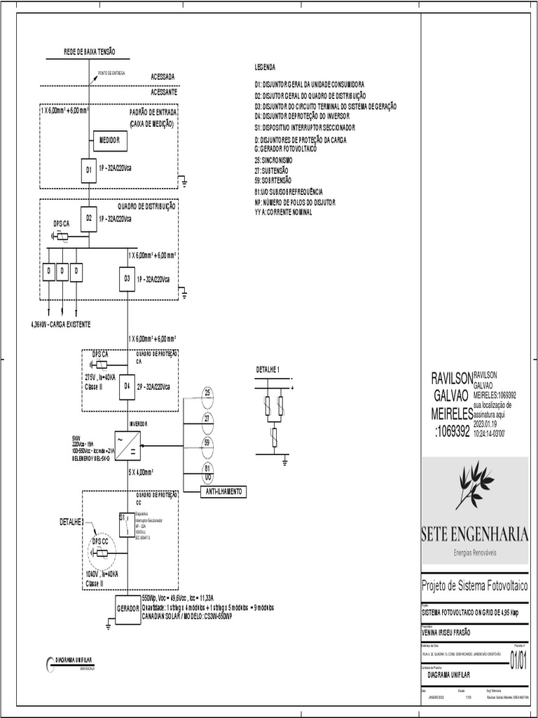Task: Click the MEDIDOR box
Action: point(109,141)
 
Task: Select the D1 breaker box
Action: point(89,170)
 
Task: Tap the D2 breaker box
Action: point(89,218)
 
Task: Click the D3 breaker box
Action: point(127,278)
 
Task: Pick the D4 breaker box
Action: point(127,386)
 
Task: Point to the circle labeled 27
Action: point(207,418)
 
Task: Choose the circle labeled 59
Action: point(207,442)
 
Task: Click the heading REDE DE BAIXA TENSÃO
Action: point(90,52)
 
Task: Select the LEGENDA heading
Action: point(265,67)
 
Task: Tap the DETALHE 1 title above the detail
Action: point(268,369)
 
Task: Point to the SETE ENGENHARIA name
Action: point(474,534)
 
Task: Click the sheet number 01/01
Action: point(518,661)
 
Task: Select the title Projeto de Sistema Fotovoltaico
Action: point(474,585)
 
